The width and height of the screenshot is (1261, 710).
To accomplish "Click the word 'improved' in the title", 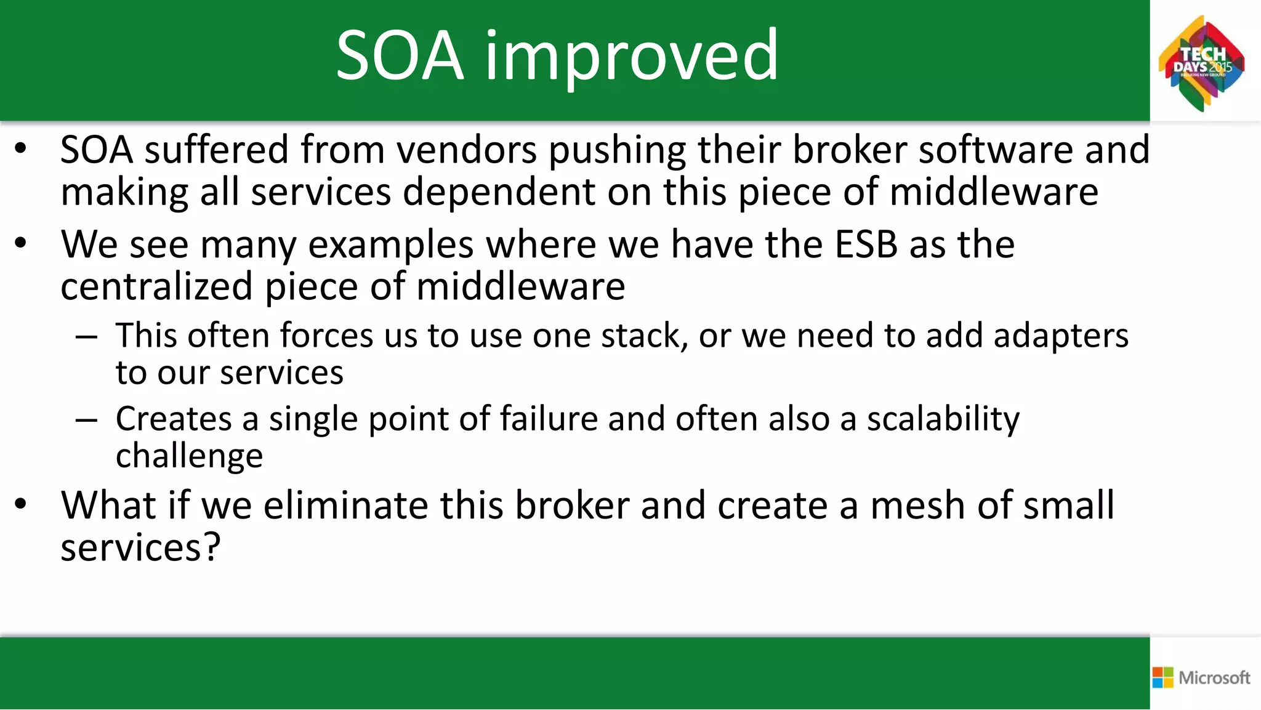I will point(632,57).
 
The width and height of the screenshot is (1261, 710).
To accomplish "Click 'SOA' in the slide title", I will point(400,57).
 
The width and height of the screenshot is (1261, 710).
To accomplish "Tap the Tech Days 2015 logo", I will point(1201,63).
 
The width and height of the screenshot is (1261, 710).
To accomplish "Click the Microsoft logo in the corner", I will point(1201,677).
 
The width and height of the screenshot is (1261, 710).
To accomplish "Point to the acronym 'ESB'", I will point(866,244).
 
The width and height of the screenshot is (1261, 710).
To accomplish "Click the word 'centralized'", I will point(156,287).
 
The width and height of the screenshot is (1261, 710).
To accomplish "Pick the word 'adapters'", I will point(1060,336).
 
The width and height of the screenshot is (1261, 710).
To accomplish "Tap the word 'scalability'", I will point(943,419).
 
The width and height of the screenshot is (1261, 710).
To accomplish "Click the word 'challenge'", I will point(189,456).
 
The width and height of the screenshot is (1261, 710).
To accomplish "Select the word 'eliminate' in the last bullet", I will point(345,506).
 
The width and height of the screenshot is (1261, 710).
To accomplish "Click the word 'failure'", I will point(548,419).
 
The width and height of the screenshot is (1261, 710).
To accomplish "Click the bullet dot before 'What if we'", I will point(21,504).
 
